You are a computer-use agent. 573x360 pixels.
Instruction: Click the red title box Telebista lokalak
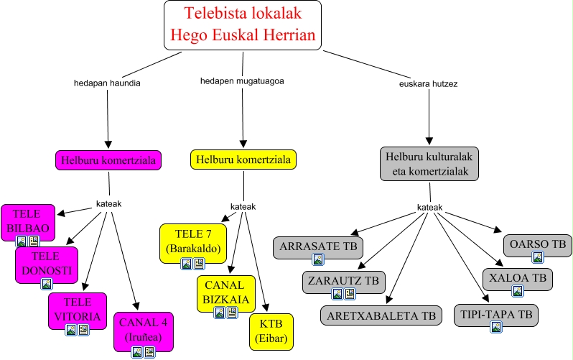pos(243,24)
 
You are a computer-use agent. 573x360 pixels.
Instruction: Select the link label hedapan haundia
pos(107,83)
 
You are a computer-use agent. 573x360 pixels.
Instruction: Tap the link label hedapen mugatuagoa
pos(242,80)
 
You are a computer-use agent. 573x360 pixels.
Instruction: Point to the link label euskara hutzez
pos(429,83)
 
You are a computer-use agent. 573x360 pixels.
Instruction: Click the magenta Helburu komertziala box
pos(108,160)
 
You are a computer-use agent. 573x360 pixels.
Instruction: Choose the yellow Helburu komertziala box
pos(243,159)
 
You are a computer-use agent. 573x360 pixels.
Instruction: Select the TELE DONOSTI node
pos(46,263)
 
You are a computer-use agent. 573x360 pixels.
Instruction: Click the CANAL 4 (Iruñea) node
pos(144,328)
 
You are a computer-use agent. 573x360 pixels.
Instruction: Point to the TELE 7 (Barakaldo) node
pos(192,241)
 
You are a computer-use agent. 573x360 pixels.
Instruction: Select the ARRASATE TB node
pos(318,246)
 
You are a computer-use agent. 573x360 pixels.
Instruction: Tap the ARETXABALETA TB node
pos(381,315)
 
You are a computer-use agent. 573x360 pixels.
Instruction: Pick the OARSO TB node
pos(537,244)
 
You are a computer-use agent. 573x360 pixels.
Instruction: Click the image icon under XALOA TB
pos(517,291)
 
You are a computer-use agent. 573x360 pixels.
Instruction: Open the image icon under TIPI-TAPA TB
pos(495,327)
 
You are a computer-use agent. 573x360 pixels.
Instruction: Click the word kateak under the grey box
pos(430,208)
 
